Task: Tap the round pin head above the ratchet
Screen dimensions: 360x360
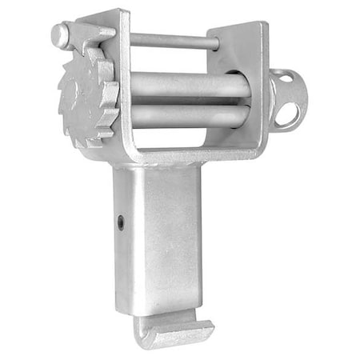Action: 60,34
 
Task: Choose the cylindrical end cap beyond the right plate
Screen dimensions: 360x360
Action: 286,100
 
